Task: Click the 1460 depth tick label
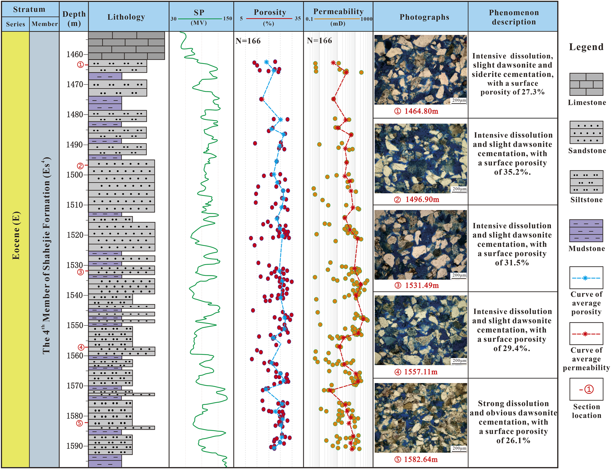click(75, 54)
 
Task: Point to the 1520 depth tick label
click(75, 235)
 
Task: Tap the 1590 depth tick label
click(75, 446)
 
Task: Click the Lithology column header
click(126, 17)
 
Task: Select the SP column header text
click(199, 13)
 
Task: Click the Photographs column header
click(424, 17)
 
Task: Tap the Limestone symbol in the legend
click(586, 84)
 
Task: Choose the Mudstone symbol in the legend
click(586, 231)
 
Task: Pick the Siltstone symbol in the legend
click(586, 182)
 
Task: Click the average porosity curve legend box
click(586, 277)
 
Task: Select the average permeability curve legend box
click(586, 333)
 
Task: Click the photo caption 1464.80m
click(421, 111)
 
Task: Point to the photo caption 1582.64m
click(421, 459)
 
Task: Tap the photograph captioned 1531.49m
click(421, 245)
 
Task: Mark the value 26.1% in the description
click(513, 440)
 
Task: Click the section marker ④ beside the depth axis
click(81, 347)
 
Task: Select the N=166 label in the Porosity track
click(248, 41)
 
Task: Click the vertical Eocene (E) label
click(16, 235)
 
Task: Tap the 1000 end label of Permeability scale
click(367, 19)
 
